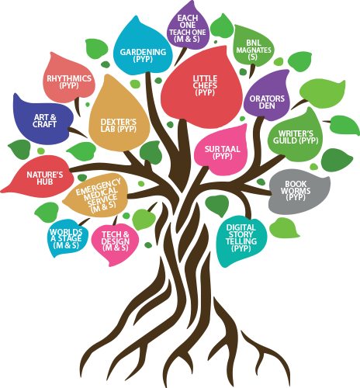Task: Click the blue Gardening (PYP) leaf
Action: (x=143, y=49)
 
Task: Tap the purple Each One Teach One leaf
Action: (x=188, y=26)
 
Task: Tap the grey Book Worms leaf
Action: (x=299, y=192)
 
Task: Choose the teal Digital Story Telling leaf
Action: (x=241, y=239)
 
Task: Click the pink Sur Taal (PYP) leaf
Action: (x=221, y=151)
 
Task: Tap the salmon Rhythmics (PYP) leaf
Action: (x=69, y=79)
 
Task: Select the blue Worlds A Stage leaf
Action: (x=67, y=237)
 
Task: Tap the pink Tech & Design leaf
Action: (x=115, y=243)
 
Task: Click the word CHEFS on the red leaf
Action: (x=205, y=85)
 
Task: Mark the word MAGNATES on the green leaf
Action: (x=254, y=50)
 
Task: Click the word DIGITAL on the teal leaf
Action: (x=241, y=227)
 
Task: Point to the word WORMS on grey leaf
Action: (x=296, y=191)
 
